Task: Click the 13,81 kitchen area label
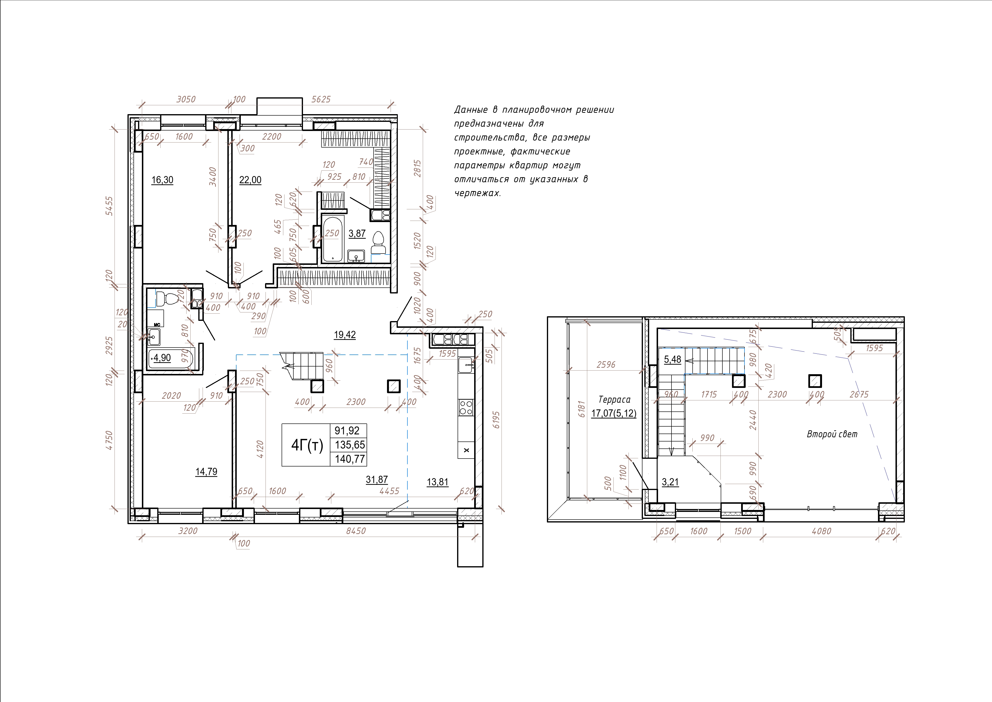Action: click(x=438, y=482)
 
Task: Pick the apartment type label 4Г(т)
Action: click(x=307, y=445)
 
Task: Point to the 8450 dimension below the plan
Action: click(x=356, y=531)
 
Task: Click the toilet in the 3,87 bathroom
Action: click(x=378, y=243)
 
